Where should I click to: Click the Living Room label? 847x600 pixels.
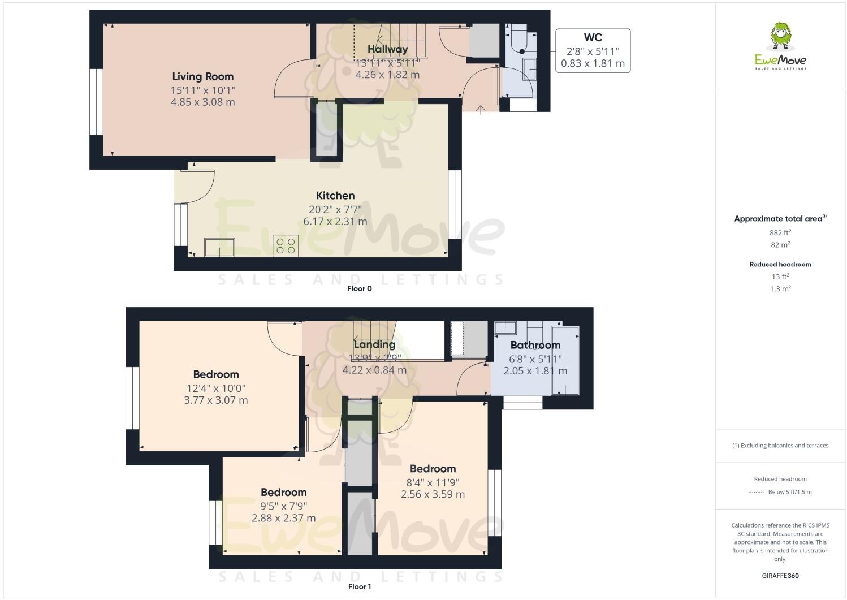pyautogui.click(x=202, y=76)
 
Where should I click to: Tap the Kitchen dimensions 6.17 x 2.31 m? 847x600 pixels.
pyautogui.click(x=335, y=221)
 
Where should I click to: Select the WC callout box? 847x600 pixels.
pyautogui.click(x=593, y=50)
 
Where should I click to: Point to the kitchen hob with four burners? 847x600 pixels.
pyautogui.click(x=285, y=245)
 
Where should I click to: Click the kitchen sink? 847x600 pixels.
pyautogui.click(x=220, y=247)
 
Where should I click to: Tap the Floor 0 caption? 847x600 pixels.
pyautogui.click(x=359, y=288)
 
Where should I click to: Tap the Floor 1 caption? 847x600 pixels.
pyautogui.click(x=359, y=586)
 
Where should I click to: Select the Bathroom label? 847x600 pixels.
pyautogui.click(x=535, y=345)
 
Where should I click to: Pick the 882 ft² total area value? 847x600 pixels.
pyautogui.click(x=780, y=232)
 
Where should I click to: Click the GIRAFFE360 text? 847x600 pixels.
pyautogui.click(x=780, y=576)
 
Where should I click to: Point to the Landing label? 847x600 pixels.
pyautogui.click(x=374, y=344)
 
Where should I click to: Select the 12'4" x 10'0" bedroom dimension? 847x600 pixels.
pyautogui.click(x=216, y=388)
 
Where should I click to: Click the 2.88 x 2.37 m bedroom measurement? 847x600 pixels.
pyautogui.click(x=283, y=518)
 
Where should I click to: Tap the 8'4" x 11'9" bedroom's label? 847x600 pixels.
pyautogui.click(x=433, y=469)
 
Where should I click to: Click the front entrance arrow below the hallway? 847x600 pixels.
pyautogui.click(x=481, y=110)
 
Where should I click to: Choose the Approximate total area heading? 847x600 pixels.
pyautogui.click(x=780, y=218)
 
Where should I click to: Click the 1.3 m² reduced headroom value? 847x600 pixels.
pyautogui.click(x=780, y=288)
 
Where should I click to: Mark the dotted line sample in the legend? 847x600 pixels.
pyautogui.click(x=756, y=492)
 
